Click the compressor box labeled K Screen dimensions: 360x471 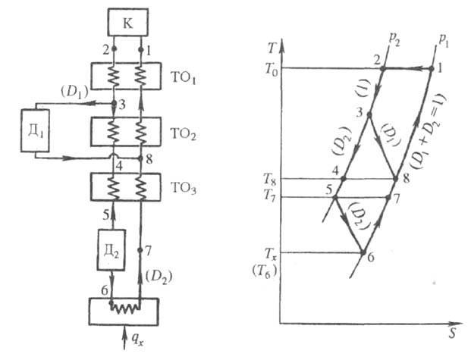127,23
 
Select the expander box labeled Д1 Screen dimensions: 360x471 35,130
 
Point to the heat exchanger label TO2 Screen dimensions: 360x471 186,134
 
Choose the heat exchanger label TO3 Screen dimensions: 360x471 186,189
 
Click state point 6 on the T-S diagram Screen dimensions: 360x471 363,252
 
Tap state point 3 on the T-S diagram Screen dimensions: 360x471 369,114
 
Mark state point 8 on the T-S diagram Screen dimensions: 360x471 395,179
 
